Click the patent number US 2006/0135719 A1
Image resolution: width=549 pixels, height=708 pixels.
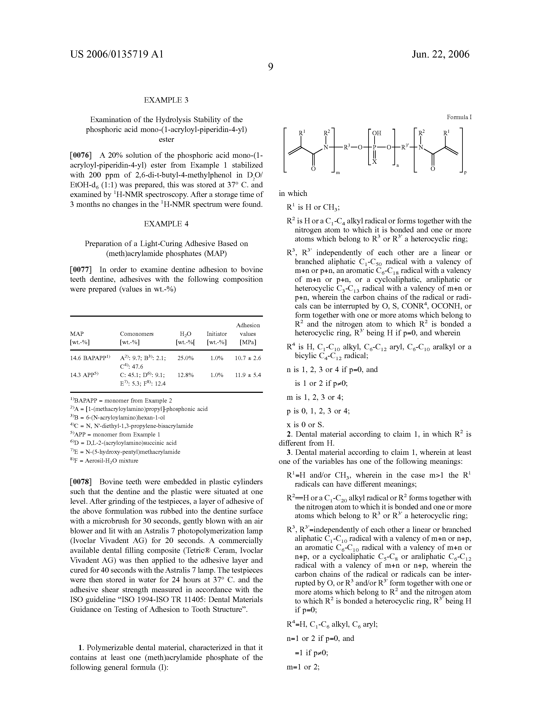pos(117,54)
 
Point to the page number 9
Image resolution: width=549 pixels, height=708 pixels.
pos(271,67)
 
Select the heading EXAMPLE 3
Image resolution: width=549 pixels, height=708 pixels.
pos(166,100)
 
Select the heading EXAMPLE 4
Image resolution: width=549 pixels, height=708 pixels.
pos(166,224)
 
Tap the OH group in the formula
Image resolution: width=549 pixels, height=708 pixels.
pos(377,133)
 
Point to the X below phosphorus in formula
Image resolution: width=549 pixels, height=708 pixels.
pos(374,161)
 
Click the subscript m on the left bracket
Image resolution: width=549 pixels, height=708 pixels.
pos(338,173)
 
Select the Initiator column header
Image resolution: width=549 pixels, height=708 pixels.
pos(216,334)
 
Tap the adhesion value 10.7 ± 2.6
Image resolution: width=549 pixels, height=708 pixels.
pos(248,358)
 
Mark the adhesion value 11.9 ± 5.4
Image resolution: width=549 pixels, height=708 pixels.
pos(248,375)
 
